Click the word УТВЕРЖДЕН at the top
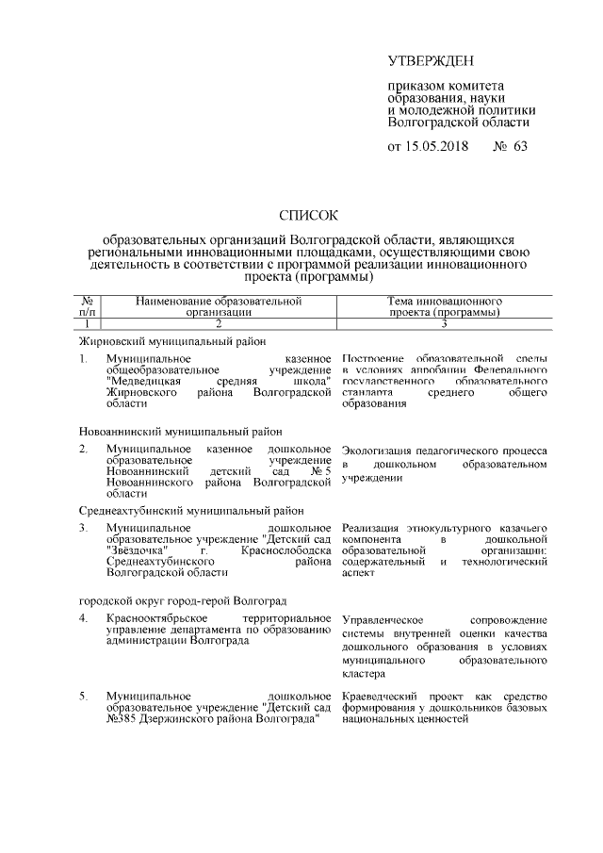pos(431,62)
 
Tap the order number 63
pos(521,147)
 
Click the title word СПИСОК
pos(310,217)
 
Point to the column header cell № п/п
pos(88,303)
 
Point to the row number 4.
pos(84,618)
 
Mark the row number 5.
pos(84,697)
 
